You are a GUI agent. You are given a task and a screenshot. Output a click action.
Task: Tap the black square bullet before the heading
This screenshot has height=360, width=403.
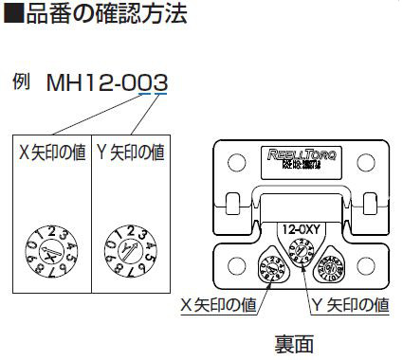(13, 15)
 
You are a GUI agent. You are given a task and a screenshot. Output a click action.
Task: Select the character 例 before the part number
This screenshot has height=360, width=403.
(23, 81)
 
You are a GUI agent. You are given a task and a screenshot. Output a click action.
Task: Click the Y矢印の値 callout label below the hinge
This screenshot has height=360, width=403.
(350, 305)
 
